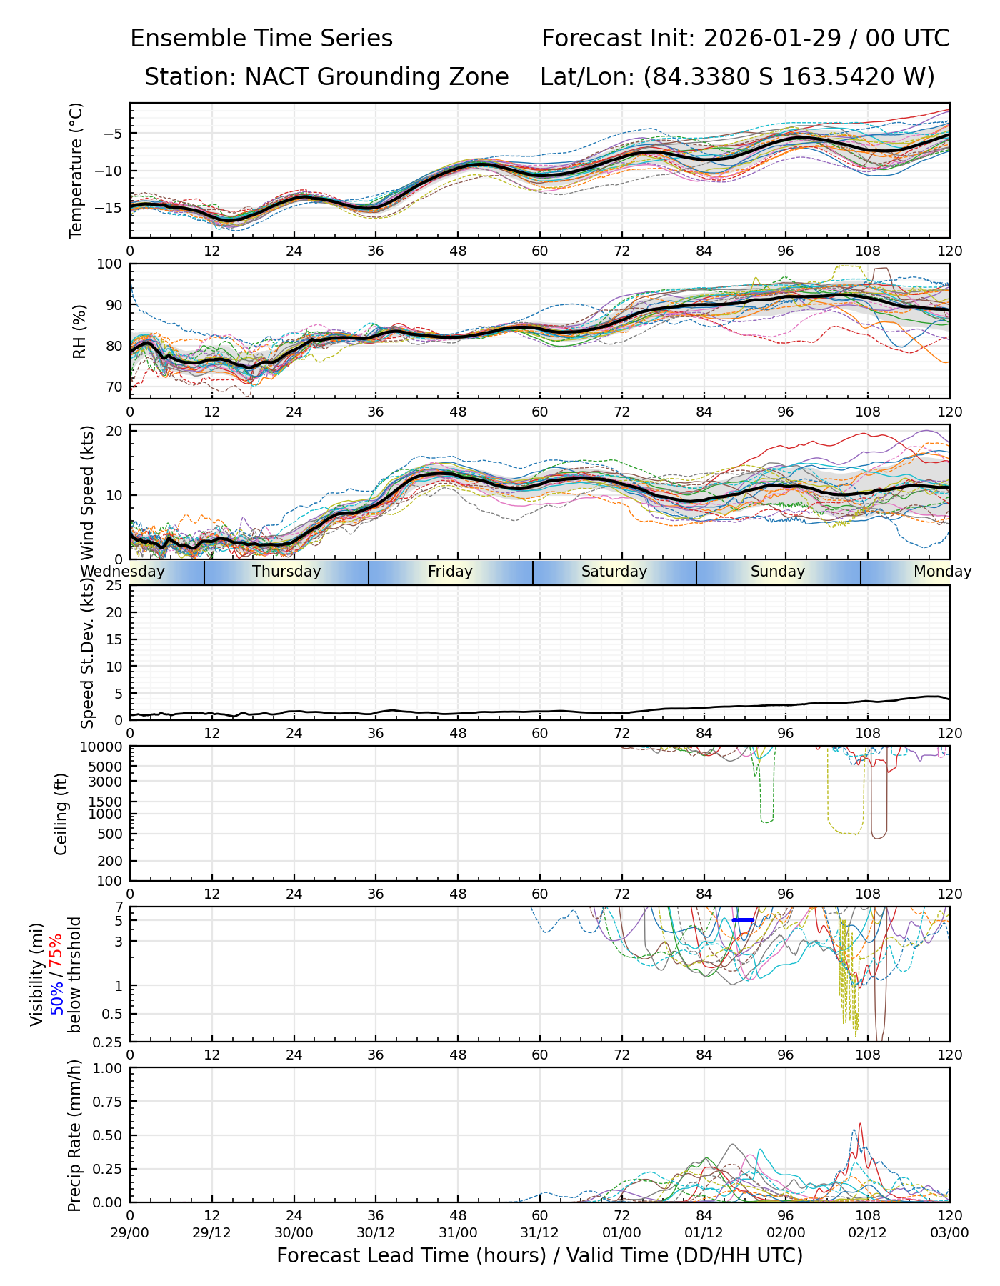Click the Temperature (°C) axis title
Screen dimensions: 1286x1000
[x=76, y=170]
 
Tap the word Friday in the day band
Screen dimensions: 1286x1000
[x=450, y=572]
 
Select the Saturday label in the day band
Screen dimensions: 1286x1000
[x=614, y=572]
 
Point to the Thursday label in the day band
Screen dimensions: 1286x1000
[x=286, y=572]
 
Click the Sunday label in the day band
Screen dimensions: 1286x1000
[x=778, y=572]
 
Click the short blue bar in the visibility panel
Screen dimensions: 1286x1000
[x=743, y=920]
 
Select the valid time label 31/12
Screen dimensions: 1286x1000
[x=539, y=1232]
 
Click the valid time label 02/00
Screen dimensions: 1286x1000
[x=786, y=1232]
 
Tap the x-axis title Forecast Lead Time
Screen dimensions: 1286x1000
[x=539, y=1255]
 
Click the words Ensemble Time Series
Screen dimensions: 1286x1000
[x=261, y=39]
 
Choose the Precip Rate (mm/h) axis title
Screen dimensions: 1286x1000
[x=75, y=1135]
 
